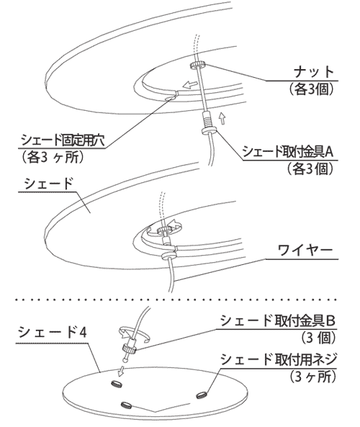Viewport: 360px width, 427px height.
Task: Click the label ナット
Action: pos(314,71)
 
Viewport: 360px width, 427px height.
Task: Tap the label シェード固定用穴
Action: pos(63,140)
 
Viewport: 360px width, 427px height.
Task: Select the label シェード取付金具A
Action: pos(289,152)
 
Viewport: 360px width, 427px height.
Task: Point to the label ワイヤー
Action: pos(305,251)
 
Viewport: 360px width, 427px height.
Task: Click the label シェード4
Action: pos(53,333)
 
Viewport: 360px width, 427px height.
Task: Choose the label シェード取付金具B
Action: pos(277,320)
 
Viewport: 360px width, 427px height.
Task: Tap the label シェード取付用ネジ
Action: pos(279,359)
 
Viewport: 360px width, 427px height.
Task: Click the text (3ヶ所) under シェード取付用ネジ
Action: pos(312,377)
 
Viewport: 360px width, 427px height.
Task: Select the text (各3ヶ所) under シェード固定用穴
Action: pos(51,157)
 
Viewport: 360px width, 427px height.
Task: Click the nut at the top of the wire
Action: pos(198,65)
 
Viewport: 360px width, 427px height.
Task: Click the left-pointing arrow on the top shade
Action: pos(190,85)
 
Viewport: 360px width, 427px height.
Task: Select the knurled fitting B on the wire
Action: pos(130,348)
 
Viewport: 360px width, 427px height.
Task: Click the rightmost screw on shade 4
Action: pos(202,395)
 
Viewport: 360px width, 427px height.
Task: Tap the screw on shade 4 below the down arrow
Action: pos(117,384)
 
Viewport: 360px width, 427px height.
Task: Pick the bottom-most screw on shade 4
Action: pos(127,405)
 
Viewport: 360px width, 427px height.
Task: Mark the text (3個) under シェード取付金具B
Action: pos(319,338)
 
